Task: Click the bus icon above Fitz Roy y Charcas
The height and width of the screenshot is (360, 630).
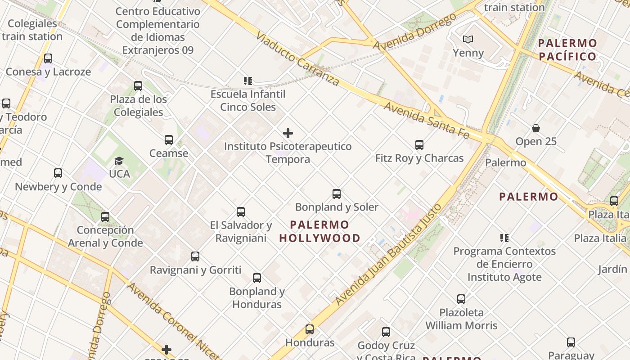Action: coord(419,145)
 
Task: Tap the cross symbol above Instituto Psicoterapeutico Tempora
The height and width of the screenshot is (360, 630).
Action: coord(288,133)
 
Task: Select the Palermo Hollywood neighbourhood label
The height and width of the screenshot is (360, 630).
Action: coord(319,231)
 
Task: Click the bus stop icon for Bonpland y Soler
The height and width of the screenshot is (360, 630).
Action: coord(337,194)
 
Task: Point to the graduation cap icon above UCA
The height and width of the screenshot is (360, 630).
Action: coord(119,161)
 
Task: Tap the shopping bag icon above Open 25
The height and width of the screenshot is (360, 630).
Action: coord(536,128)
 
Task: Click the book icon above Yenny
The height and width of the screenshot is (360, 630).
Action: coord(468,40)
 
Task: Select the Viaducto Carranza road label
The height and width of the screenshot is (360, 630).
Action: coord(297,58)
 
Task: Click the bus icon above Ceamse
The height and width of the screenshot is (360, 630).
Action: coord(169,140)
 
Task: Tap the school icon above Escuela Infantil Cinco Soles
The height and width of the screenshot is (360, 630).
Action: coord(248,81)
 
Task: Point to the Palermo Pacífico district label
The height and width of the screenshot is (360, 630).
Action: coord(567,50)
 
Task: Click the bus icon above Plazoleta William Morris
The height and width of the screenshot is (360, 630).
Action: coord(461,299)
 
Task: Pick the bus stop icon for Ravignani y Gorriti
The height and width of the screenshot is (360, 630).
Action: coord(195,256)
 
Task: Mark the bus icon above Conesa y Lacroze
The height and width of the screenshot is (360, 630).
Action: coord(48,58)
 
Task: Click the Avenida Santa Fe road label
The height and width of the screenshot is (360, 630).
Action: coord(426,120)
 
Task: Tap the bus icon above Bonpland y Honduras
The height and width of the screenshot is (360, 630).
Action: coord(257,278)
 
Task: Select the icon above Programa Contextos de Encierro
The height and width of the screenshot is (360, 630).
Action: coord(504,238)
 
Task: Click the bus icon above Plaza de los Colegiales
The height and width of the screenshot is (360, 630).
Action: coord(138,86)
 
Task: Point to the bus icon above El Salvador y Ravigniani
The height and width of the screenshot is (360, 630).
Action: coord(241,212)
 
